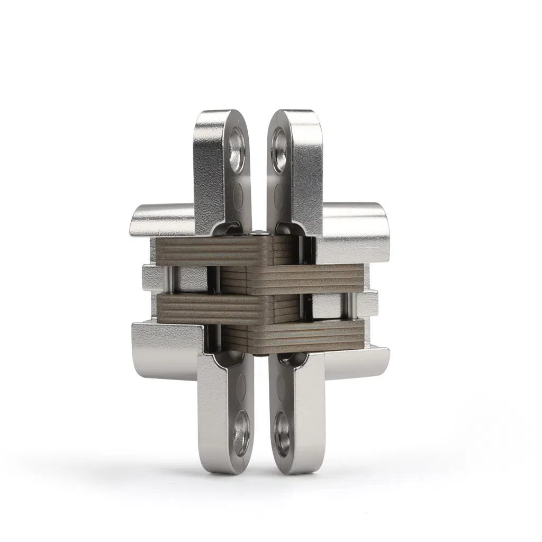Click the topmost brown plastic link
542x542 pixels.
pyautogui.click(x=212, y=250)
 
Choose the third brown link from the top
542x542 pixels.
pyautogui.click(x=212, y=306)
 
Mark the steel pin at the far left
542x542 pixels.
pyautogui.click(x=169, y=281)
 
